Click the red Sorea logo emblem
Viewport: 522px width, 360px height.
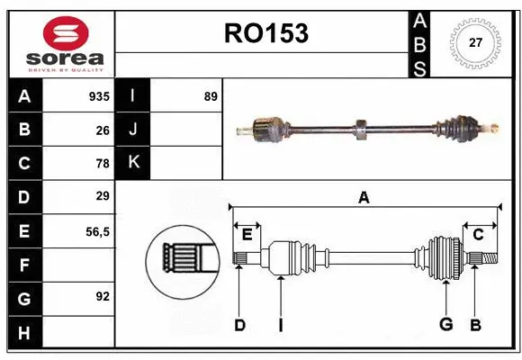(66, 35)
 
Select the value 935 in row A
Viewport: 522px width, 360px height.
(98, 96)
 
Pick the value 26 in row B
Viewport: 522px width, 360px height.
(102, 130)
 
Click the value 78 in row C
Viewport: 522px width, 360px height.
(102, 163)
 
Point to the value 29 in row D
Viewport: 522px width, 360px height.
(102, 195)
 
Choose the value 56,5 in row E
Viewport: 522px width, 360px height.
(96, 230)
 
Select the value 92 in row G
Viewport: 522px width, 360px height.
(102, 296)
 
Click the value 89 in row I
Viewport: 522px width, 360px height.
(211, 96)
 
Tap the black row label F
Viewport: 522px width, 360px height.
(24, 265)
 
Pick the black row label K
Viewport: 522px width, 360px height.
(133, 163)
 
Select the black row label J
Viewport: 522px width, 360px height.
(133, 130)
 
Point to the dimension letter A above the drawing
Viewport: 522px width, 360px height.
(364, 197)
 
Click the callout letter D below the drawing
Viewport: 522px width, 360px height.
(239, 325)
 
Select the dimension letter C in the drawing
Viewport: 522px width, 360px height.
(478, 234)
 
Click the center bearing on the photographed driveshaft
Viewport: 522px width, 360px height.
(359, 129)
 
